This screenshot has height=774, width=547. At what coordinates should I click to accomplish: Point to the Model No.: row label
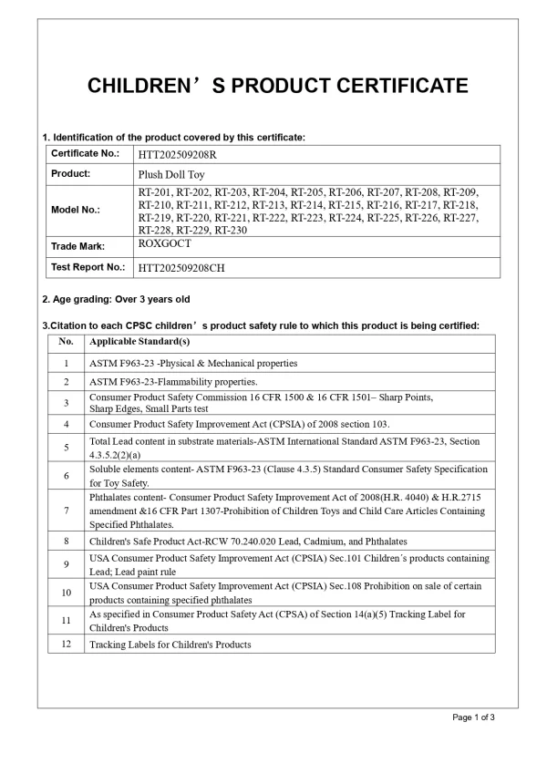tap(76, 210)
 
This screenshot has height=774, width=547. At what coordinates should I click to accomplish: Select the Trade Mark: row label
tap(78, 246)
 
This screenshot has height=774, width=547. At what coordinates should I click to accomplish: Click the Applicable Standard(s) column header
tap(139, 342)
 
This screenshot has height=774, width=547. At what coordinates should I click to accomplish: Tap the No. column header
tap(66, 342)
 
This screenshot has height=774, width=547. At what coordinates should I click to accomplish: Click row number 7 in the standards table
tap(66, 510)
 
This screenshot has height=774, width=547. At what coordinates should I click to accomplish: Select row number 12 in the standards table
tap(66, 645)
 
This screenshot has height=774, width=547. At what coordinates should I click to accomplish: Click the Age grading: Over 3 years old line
tap(117, 299)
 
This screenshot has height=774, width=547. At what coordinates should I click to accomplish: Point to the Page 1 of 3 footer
tap(473, 717)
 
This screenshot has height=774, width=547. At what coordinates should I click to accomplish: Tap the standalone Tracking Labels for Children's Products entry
tap(170, 645)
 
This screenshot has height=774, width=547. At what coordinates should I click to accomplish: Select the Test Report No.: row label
tap(88, 267)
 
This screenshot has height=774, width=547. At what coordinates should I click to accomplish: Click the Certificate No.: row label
tap(85, 153)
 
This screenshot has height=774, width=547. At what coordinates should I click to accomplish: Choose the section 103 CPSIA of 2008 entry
tap(239, 424)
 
